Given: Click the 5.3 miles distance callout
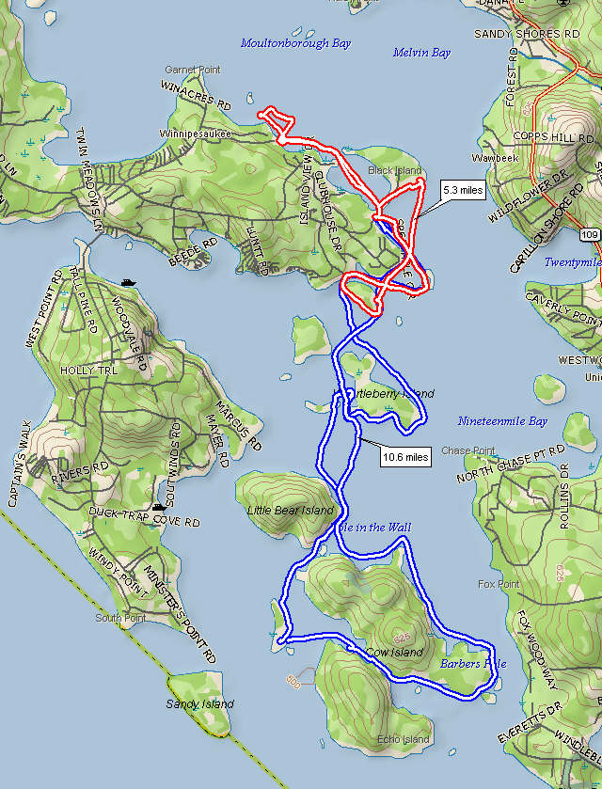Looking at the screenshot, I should (463, 191).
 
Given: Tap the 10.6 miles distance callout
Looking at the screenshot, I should (405, 458).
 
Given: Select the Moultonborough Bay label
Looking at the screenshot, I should (295, 43).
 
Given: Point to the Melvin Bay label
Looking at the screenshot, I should (421, 54).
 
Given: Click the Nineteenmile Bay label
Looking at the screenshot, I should (502, 421).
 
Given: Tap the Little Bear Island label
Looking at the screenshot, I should (290, 511).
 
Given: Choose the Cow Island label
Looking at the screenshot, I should (394, 652).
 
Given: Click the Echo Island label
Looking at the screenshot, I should (404, 739).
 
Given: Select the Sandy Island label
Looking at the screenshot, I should (199, 703).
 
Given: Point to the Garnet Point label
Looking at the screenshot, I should (193, 71).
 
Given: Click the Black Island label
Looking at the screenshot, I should (395, 170).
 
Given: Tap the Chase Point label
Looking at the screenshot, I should (467, 450).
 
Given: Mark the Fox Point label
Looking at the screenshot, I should (498, 585).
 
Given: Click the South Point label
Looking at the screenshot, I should (119, 619).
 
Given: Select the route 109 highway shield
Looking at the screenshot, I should (590, 233).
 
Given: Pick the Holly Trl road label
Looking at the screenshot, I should (89, 371).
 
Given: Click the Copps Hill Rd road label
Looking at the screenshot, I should (554, 137).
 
